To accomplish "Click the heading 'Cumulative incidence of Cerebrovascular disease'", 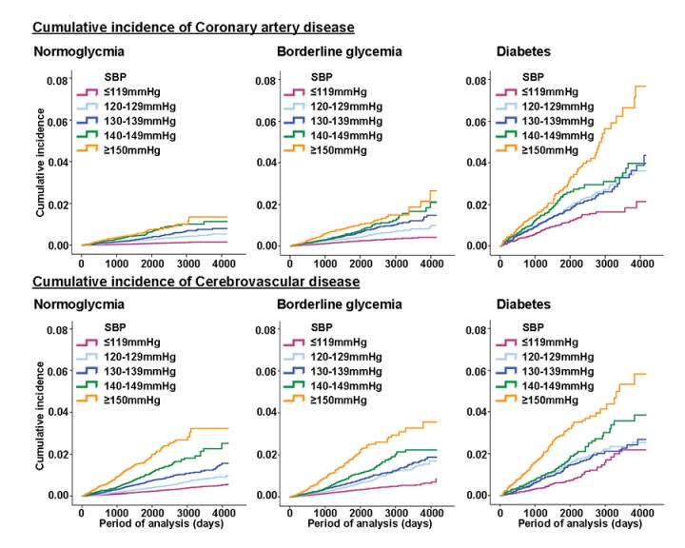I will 196,283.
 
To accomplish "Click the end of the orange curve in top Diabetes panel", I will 646,87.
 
